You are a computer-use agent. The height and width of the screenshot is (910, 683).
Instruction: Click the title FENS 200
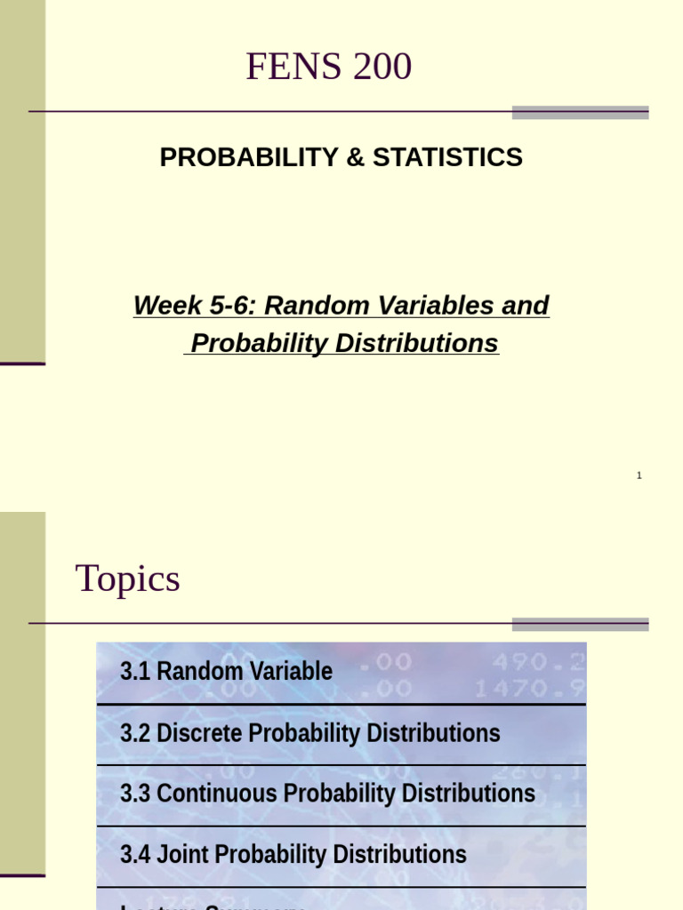click(x=328, y=68)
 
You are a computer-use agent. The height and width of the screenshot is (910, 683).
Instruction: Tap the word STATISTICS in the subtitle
click(x=447, y=157)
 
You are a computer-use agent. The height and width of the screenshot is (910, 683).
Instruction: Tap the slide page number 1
click(x=639, y=476)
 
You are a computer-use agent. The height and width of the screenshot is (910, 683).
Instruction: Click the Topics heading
click(x=128, y=579)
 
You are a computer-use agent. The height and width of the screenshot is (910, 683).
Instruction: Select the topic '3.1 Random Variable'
click(x=226, y=672)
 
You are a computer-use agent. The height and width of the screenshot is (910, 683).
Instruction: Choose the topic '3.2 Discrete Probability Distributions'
click(x=309, y=734)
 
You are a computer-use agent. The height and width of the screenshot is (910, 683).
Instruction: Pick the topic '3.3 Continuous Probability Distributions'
click(x=327, y=794)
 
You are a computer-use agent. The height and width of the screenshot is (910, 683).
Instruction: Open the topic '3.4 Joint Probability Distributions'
click(x=293, y=855)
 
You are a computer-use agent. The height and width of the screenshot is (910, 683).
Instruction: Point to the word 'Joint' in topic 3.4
click(x=183, y=855)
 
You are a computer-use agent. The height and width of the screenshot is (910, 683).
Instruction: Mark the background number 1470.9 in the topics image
click(x=528, y=688)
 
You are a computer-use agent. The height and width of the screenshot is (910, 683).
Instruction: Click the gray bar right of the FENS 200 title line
click(x=580, y=113)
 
